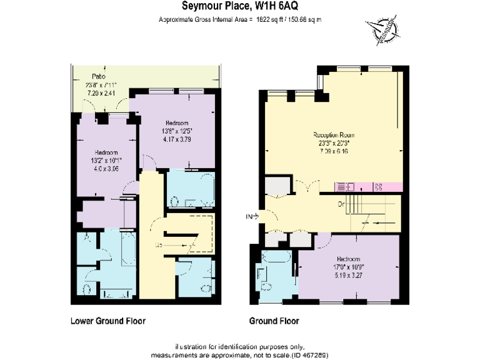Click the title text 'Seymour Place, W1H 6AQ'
coord(239,7)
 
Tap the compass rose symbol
coord(382,29)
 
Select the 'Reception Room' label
coord(334,134)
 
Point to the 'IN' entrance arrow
coord(252,216)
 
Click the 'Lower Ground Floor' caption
coord(107,321)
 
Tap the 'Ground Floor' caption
coord(274,321)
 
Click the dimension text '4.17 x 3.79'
coord(177,139)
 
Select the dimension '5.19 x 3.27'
coord(348,274)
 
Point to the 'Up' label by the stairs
coord(159,244)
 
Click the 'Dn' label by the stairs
coord(341,204)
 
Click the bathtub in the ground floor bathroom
coord(275,258)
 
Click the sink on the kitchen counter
coord(345,186)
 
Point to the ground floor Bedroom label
coord(348,259)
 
